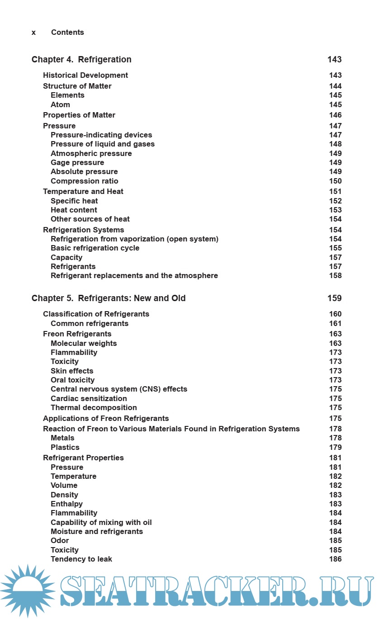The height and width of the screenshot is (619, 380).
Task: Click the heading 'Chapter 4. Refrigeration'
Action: (81, 60)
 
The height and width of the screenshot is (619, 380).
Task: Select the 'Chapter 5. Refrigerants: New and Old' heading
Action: (109, 298)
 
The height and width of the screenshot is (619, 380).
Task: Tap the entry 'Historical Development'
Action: (85, 76)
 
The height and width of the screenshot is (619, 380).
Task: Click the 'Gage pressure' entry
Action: (77, 163)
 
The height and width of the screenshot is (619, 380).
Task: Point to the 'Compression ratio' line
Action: (85, 181)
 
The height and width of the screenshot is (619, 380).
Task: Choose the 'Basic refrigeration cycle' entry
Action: (95, 248)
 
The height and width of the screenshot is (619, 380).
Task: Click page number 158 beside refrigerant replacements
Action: (335, 276)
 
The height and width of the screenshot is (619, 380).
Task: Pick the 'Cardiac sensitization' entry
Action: (89, 399)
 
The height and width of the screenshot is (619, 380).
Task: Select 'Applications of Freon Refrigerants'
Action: (106, 419)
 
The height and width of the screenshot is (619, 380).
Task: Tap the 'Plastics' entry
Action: (65, 448)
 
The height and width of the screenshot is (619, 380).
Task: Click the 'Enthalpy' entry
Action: (66, 504)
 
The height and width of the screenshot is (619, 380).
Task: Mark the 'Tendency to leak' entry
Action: (81, 559)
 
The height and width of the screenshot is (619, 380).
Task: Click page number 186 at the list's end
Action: (335, 559)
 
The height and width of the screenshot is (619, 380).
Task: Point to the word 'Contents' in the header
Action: (67, 33)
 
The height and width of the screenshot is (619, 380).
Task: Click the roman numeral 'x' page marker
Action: (34, 33)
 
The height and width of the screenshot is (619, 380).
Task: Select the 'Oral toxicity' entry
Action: (72, 380)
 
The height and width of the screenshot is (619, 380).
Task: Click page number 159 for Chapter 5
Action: (334, 298)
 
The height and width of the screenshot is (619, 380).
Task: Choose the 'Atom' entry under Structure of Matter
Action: (60, 105)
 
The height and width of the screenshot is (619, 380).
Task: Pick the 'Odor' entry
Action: (60, 541)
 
